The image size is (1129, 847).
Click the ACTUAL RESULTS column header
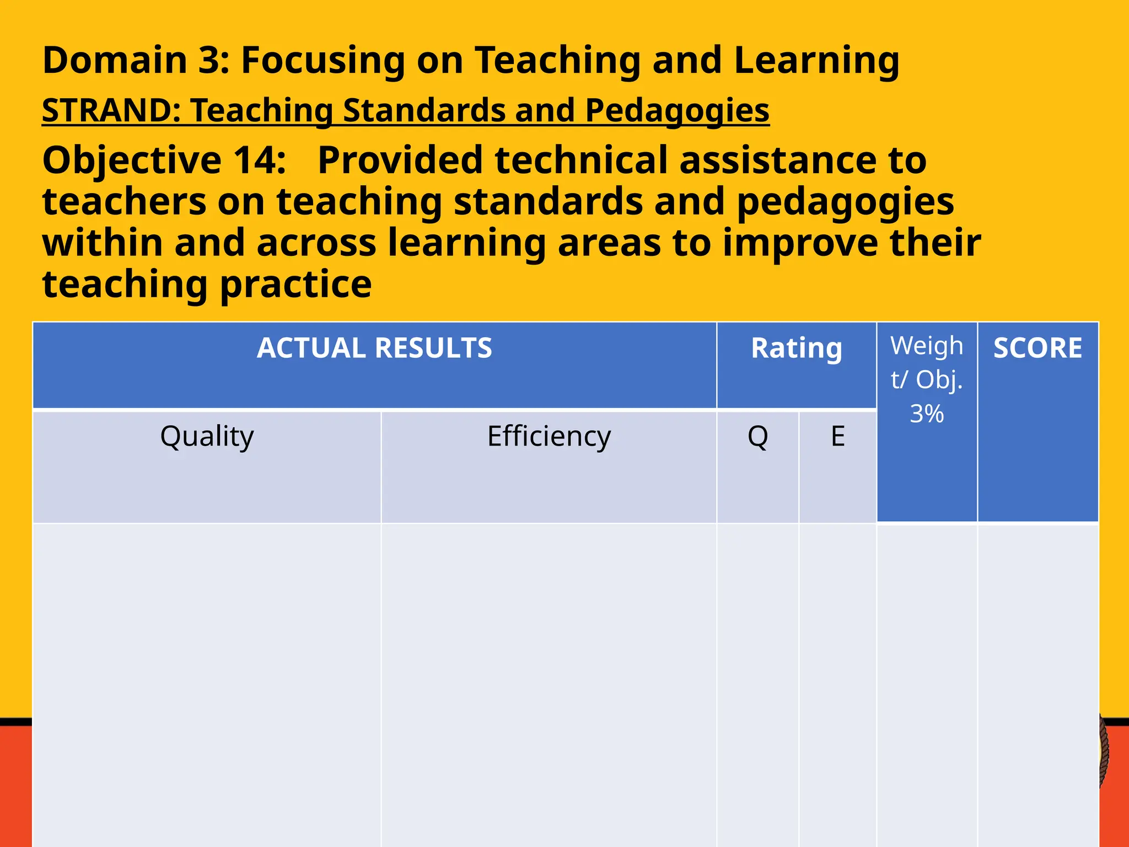[x=374, y=349]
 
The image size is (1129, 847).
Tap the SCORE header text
[x=1037, y=349]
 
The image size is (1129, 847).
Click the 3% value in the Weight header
[x=927, y=414]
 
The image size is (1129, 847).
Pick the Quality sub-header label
[x=207, y=437]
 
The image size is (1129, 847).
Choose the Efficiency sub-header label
[x=549, y=437]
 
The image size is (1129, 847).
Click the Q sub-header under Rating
[x=757, y=437]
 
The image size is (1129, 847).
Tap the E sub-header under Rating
[x=837, y=437]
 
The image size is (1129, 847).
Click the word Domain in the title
[x=115, y=60]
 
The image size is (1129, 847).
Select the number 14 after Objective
[x=259, y=160]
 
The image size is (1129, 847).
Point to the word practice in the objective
[x=296, y=285]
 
